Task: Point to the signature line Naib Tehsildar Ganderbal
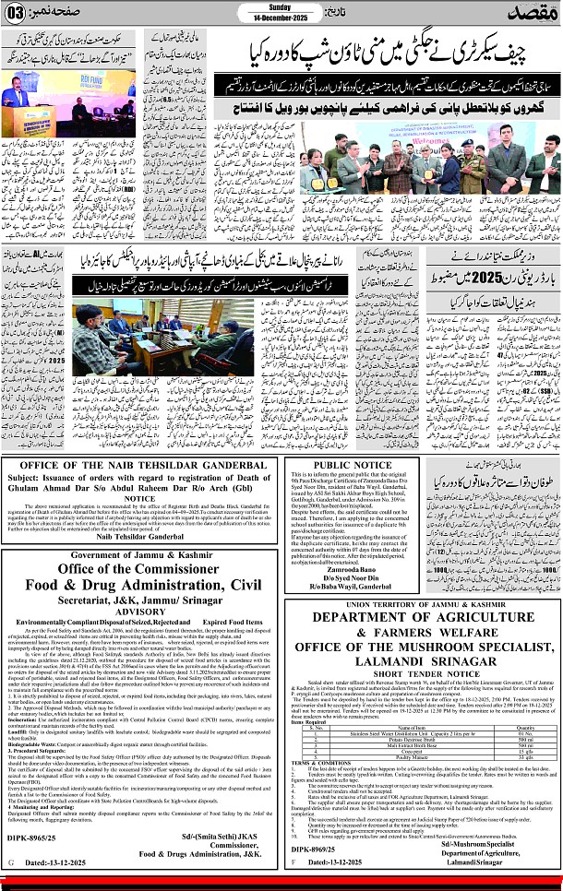pyautogui.click(x=138, y=612)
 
